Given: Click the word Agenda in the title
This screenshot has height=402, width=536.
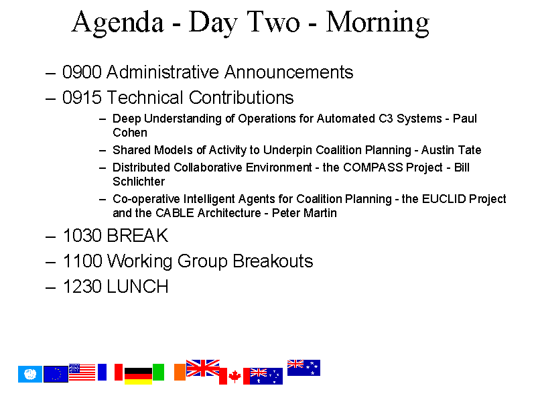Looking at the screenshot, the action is pyautogui.click(x=118, y=23).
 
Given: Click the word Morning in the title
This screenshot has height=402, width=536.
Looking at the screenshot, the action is pyautogui.click(x=377, y=23).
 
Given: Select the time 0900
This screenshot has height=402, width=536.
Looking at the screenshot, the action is pyautogui.click(x=82, y=72).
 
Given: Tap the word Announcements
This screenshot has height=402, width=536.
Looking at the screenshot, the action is pyautogui.click(x=289, y=72).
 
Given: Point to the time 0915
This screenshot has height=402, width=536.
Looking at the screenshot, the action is pyautogui.click(x=82, y=97).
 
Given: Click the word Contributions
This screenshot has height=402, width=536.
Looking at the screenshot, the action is pyautogui.click(x=241, y=97).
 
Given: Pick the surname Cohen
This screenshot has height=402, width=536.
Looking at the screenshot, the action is pyautogui.click(x=130, y=133).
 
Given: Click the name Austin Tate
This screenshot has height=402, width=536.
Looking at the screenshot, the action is pyautogui.click(x=451, y=150).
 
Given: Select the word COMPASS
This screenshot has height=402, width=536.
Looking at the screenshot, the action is pyautogui.click(x=373, y=167).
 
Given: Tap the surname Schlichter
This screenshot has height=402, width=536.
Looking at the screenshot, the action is pyautogui.click(x=139, y=182).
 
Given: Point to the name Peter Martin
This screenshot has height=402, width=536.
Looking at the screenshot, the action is pyautogui.click(x=304, y=213).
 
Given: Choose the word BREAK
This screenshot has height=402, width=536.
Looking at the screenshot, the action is pyautogui.click(x=137, y=236).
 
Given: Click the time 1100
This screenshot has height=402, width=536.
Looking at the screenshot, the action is pyautogui.click(x=82, y=261).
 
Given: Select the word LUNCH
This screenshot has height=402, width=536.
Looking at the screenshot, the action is pyautogui.click(x=137, y=286).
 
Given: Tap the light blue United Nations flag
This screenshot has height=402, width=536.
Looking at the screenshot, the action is pyautogui.click(x=30, y=374).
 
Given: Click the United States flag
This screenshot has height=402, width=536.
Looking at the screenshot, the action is pyautogui.click(x=82, y=372).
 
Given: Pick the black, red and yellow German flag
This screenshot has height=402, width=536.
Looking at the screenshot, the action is pyautogui.click(x=138, y=376).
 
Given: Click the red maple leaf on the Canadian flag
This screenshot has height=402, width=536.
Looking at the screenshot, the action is pyautogui.click(x=234, y=377).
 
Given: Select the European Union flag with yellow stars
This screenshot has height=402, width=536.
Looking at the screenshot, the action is pyautogui.click(x=56, y=374).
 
